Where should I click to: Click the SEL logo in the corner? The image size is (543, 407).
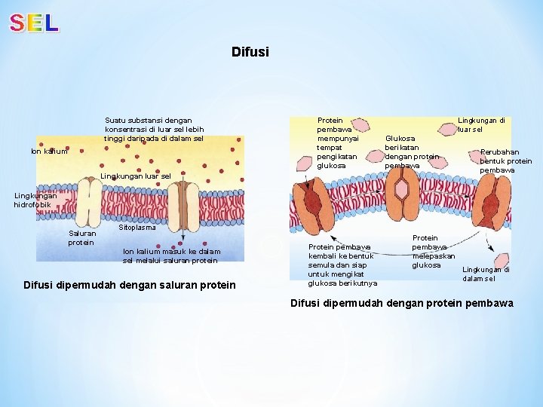[x=34, y=23]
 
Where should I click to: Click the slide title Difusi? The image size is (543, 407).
[x=250, y=52]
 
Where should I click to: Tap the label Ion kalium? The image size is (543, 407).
[x=49, y=151]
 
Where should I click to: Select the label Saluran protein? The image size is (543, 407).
[x=81, y=238]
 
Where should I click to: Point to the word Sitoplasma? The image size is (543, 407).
[x=137, y=228]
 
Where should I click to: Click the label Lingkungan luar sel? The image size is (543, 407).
[x=136, y=176]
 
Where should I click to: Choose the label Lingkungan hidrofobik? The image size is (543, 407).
[x=35, y=200]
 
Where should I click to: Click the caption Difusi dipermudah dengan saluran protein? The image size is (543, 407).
[x=129, y=285]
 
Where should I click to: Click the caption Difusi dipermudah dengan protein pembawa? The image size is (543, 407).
[x=402, y=303]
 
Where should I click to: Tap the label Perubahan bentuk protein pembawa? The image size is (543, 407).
[x=506, y=161]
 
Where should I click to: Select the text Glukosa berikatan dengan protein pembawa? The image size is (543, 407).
[x=411, y=151]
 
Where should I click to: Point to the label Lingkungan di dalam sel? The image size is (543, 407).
[x=486, y=274]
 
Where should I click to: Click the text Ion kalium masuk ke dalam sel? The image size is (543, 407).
[x=171, y=256]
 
